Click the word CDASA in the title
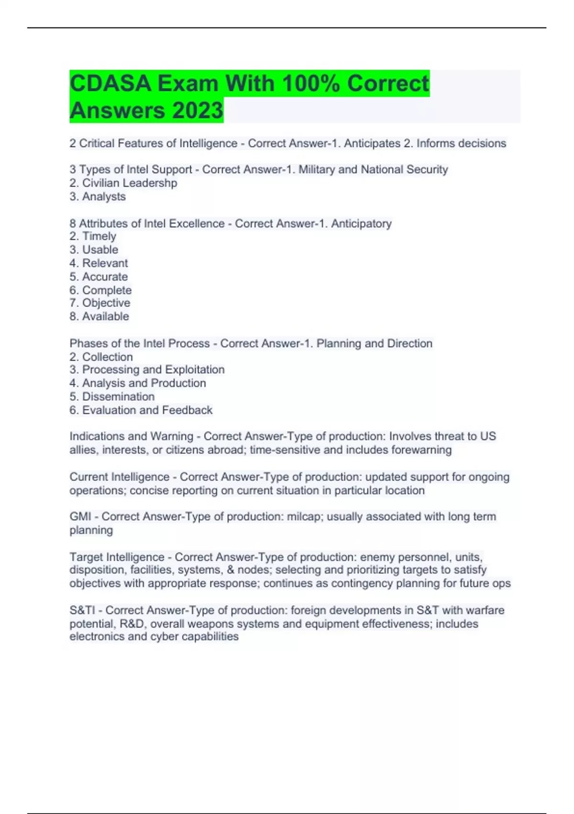pos(110,83)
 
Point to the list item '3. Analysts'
pos(98,196)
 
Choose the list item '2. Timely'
pos(93,236)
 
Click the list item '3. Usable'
pos(94,249)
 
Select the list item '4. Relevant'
pos(99,263)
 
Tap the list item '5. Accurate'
pos(99,277)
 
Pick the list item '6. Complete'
pos(100,290)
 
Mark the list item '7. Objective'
pos(99,303)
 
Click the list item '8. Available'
pos(99,317)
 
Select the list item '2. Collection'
pos(101,357)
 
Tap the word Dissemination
pos(118,396)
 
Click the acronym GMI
pos(80,517)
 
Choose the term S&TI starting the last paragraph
pos(82,610)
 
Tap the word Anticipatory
pos(361,224)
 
